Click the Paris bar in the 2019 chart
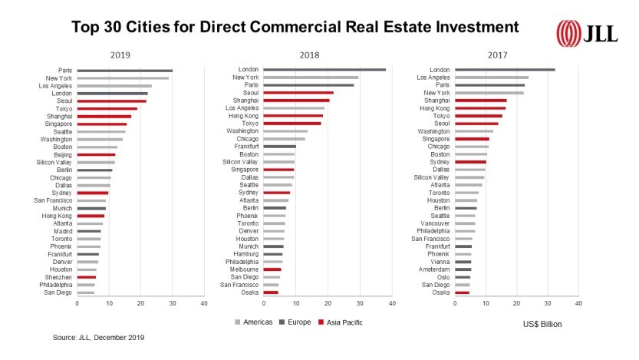124,71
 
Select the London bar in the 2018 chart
324,70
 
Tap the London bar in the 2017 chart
505,70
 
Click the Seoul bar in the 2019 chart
111,101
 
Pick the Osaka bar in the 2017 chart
462,292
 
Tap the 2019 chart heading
120,54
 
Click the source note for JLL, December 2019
98,337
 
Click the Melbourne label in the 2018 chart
243,269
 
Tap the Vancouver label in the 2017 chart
435,223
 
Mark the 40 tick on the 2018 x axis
391,304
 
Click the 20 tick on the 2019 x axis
140,304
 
